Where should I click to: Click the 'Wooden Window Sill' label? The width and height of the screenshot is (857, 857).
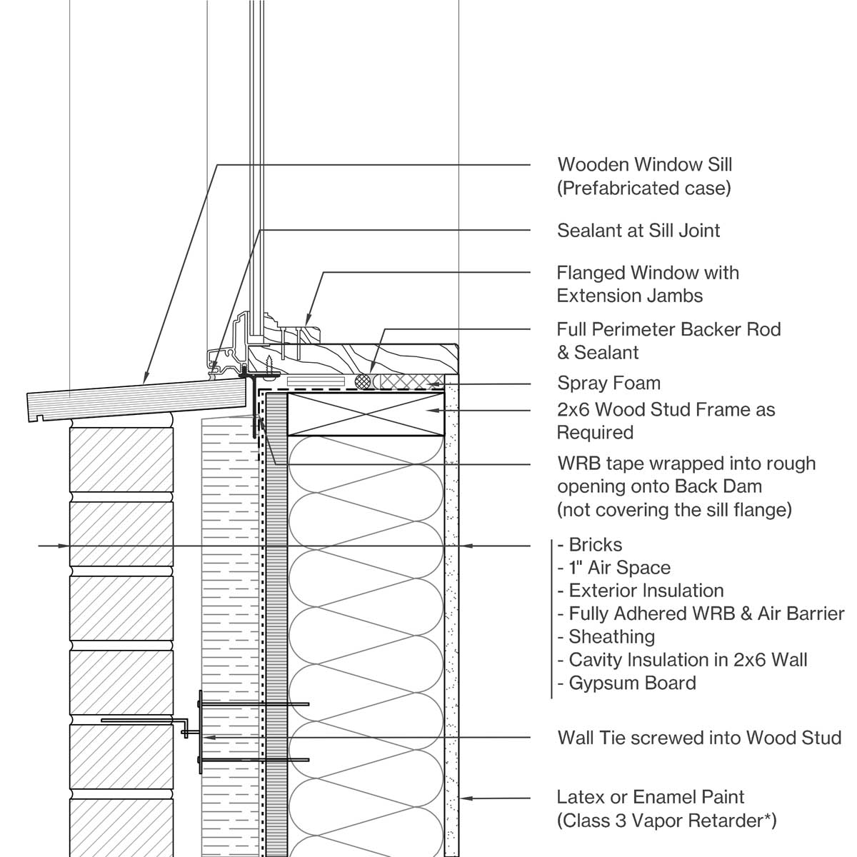pos(644,165)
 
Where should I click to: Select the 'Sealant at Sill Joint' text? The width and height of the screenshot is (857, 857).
pos(638,231)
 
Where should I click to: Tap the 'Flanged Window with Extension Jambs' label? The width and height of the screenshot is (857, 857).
pos(647,284)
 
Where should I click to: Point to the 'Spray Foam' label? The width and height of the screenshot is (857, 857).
pos(608,383)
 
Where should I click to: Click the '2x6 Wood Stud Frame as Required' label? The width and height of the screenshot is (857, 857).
pos(666,421)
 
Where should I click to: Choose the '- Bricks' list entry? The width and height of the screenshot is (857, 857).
pos(590,545)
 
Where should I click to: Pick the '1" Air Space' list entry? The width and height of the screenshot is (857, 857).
pos(614,568)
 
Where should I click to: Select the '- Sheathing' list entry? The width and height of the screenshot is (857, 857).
pos(606,636)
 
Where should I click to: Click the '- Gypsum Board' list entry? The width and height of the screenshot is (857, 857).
pos(626,683)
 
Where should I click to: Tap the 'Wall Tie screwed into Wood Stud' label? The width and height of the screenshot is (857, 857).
pos(699,737)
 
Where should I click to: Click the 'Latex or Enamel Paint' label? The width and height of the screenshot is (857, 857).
pos(651,797)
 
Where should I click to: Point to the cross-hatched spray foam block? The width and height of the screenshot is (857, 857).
pos(412,381)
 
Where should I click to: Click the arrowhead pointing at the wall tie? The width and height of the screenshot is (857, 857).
pos(208,736)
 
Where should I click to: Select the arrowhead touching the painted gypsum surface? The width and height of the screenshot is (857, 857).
pos(463,797)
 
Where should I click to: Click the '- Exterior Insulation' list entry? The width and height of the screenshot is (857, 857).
pos(640,591)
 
